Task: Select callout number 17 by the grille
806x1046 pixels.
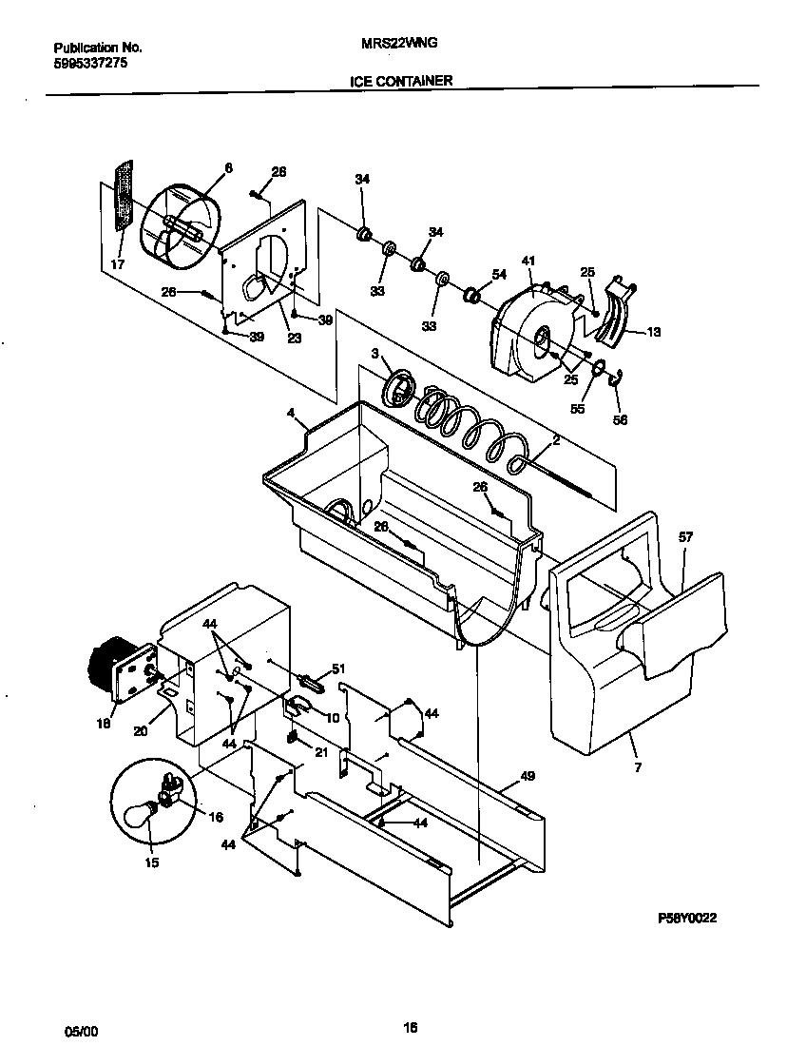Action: click(x=117, y=264)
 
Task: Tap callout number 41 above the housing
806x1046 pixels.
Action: click(x=528, y=260)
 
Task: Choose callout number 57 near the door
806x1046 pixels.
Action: click(x=685, y=537)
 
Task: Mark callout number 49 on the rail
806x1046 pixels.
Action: click(x=528, y=776)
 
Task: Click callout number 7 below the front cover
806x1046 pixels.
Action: click(x=637, y=767)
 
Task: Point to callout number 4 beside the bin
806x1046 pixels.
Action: click(x=291, y=414)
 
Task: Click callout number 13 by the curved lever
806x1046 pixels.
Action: click(x=654, y=332)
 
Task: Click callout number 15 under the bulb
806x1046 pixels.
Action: click(x=152, y=862)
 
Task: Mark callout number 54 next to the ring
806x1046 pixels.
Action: click(x=499, y=274)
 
